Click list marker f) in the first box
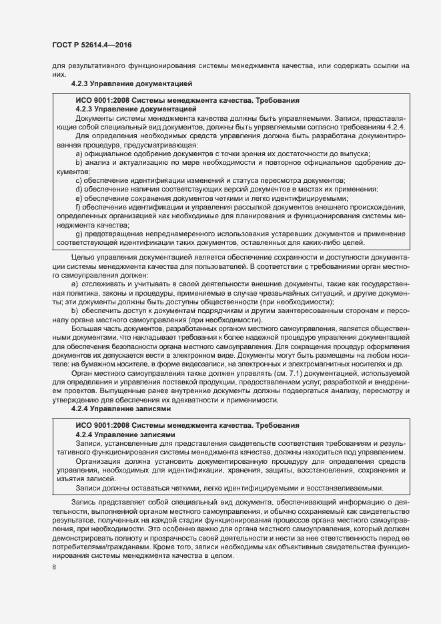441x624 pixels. coord(79,208)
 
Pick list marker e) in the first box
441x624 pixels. coord(79,198)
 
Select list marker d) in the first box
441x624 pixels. coord(79,190)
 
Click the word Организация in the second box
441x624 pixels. coord(101,460)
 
